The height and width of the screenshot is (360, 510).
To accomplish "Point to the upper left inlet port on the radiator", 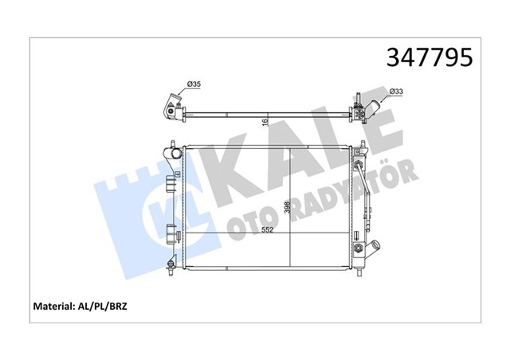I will [x=172, y=152].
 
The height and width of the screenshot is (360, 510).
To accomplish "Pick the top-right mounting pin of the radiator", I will [x=362, y=146].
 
